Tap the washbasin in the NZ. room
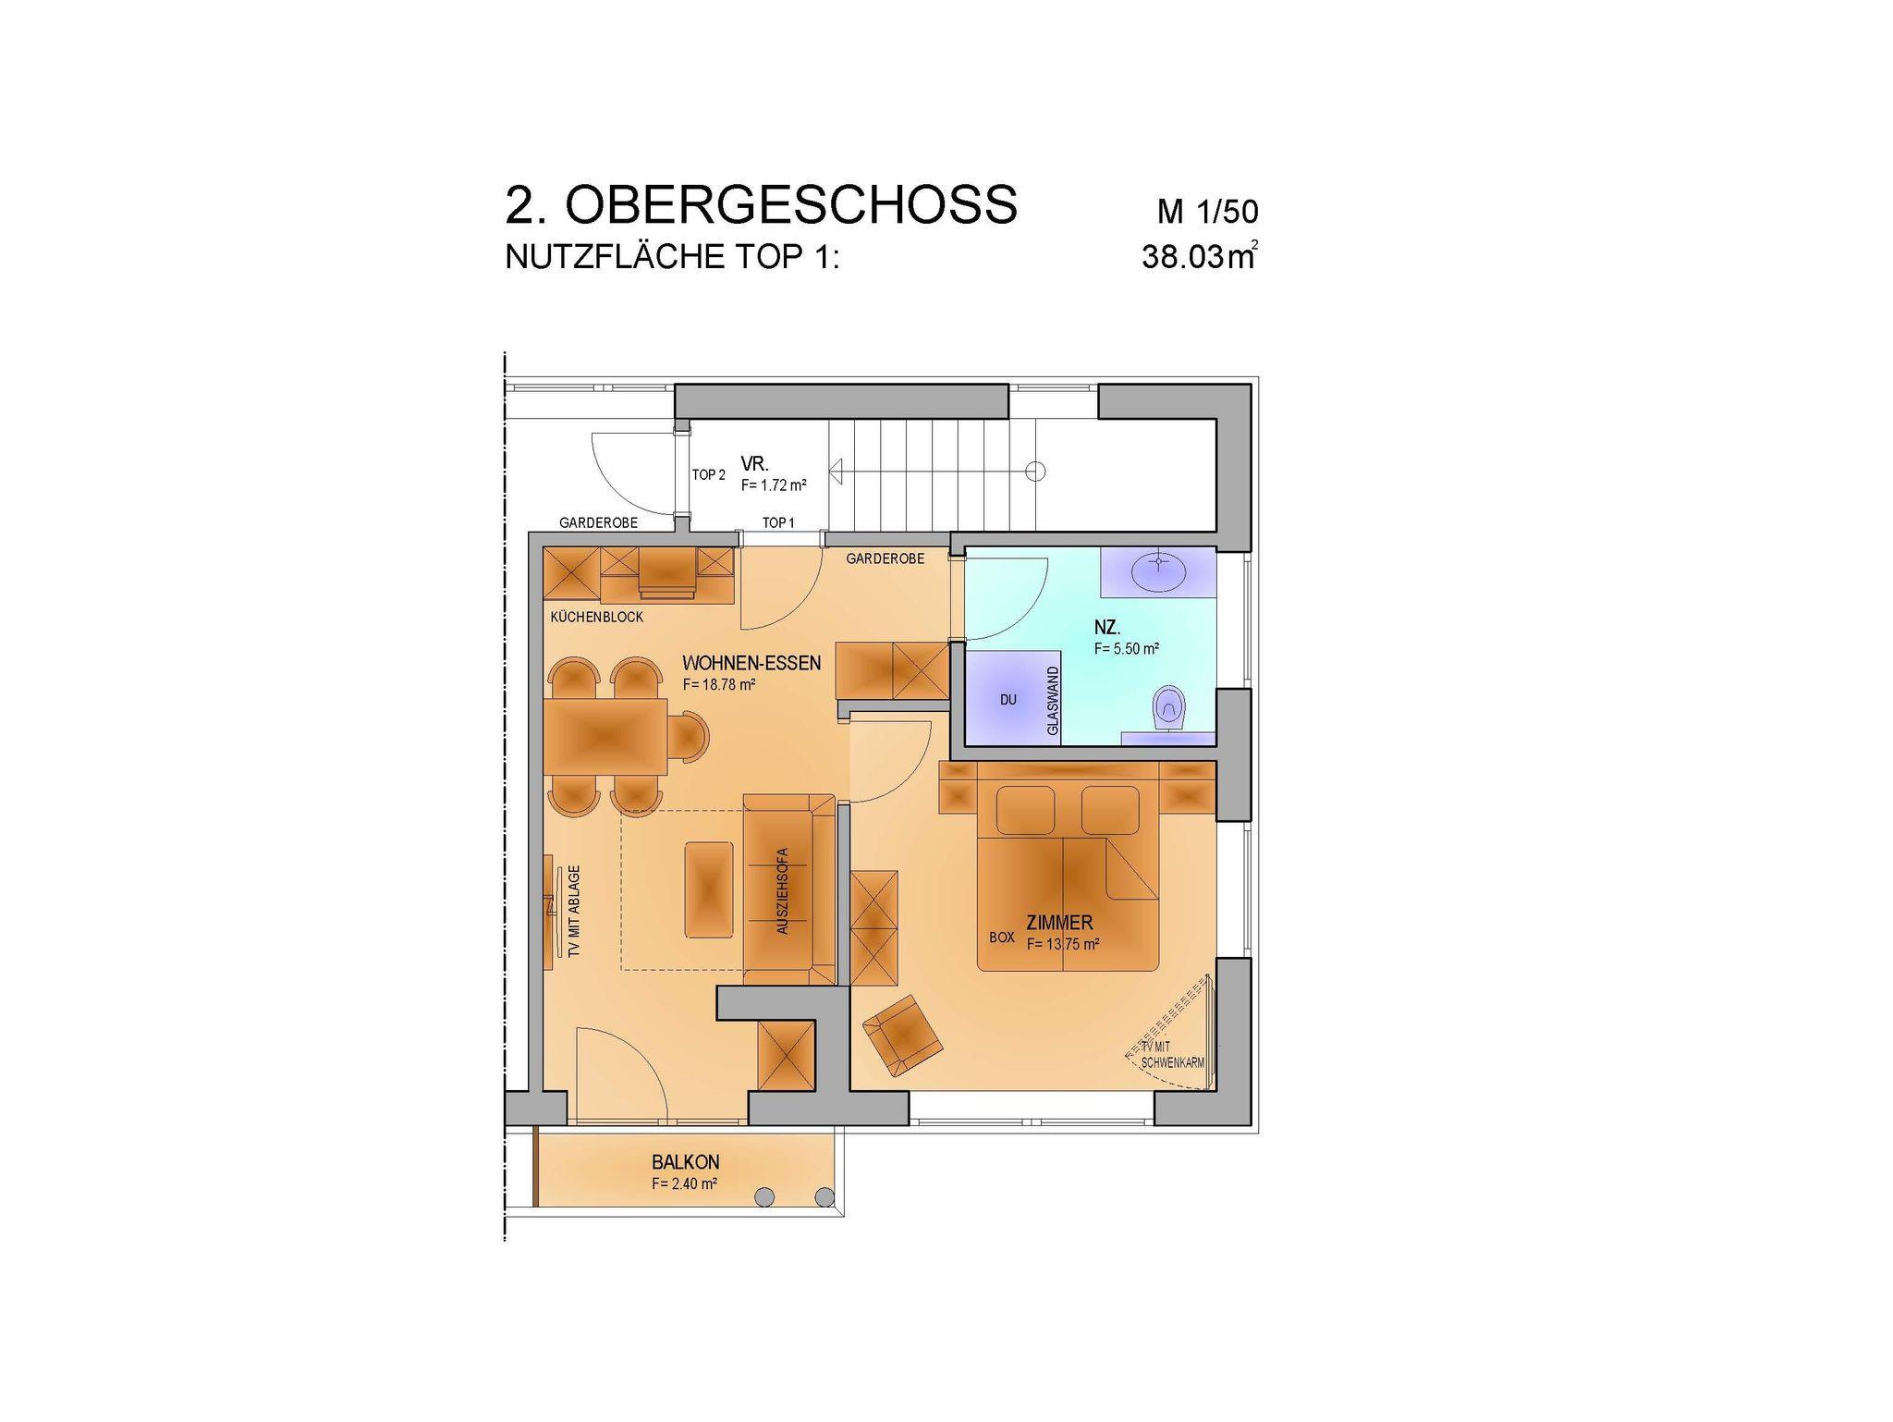[1158, 570]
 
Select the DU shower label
[1008, 700]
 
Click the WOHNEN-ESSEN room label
[751, 663]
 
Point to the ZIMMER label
[1059, 922]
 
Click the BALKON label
[685, 1162]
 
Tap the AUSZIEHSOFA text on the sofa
[783, 890]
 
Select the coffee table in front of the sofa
[708, 889]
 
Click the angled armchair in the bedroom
[903, 1036]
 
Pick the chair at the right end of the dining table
[689, 737]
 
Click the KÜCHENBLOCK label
[596, 617]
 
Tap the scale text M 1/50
[1208, 212]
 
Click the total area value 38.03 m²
[1200, 256]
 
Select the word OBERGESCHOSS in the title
[791, 204]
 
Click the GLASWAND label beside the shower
[1052, 701]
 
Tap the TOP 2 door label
[709, 475]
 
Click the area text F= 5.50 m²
[1127, 649]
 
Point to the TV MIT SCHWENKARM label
[1172, 1055]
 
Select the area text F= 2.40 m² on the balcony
[685, 1183]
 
